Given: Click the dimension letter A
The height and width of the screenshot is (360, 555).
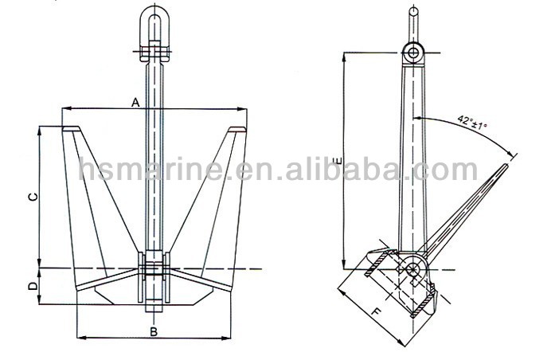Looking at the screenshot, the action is tap(136, 103).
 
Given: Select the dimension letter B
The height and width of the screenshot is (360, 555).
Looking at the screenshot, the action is tap(153, 331).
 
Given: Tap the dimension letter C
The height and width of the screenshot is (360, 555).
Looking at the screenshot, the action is tap(33, 197).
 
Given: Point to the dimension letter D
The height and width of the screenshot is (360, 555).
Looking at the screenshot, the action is tap(33, 286).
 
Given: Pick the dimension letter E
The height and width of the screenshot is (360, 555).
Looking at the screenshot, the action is tap(339, 161).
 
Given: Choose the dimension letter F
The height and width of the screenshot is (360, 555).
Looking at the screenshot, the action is tap(377, 312).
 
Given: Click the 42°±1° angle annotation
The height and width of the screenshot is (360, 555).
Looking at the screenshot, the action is tap(472, 122).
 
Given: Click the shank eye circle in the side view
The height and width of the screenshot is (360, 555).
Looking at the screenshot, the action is tap(413, 53).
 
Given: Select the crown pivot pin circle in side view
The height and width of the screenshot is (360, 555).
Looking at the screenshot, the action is tap(413, 268).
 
